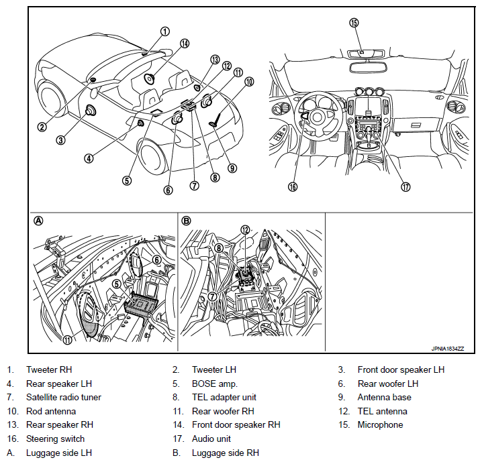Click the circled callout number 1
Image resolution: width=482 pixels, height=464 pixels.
[x=165, y=31]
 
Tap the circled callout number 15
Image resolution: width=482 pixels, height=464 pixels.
[x=355, y=22]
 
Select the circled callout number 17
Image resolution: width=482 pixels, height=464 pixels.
[x=405, y=187]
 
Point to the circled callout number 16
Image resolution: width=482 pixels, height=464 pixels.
[x=292, y=187]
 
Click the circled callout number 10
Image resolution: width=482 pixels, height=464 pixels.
[x=249, y=82]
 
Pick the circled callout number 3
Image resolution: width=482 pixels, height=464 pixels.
[x=60, y=140]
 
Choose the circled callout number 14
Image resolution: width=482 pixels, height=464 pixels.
[x=184, y=44]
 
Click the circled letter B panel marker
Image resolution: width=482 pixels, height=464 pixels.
[x=187, y=221]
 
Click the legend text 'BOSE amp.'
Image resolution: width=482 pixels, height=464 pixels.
[x=213, y=384]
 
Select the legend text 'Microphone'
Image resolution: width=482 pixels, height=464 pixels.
[x=380, y=425]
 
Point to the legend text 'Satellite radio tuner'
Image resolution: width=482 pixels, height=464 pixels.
[x=64, y=398]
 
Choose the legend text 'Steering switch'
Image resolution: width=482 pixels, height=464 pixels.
[x=56, y=439]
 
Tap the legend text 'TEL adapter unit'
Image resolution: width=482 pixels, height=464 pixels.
[x=224, y=398]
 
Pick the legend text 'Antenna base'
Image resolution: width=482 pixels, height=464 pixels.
[x=385, y=398]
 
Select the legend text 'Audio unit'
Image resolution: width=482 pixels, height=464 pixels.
[x=211, y=439]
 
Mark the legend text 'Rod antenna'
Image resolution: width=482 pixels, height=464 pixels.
[x=51, y=412]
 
